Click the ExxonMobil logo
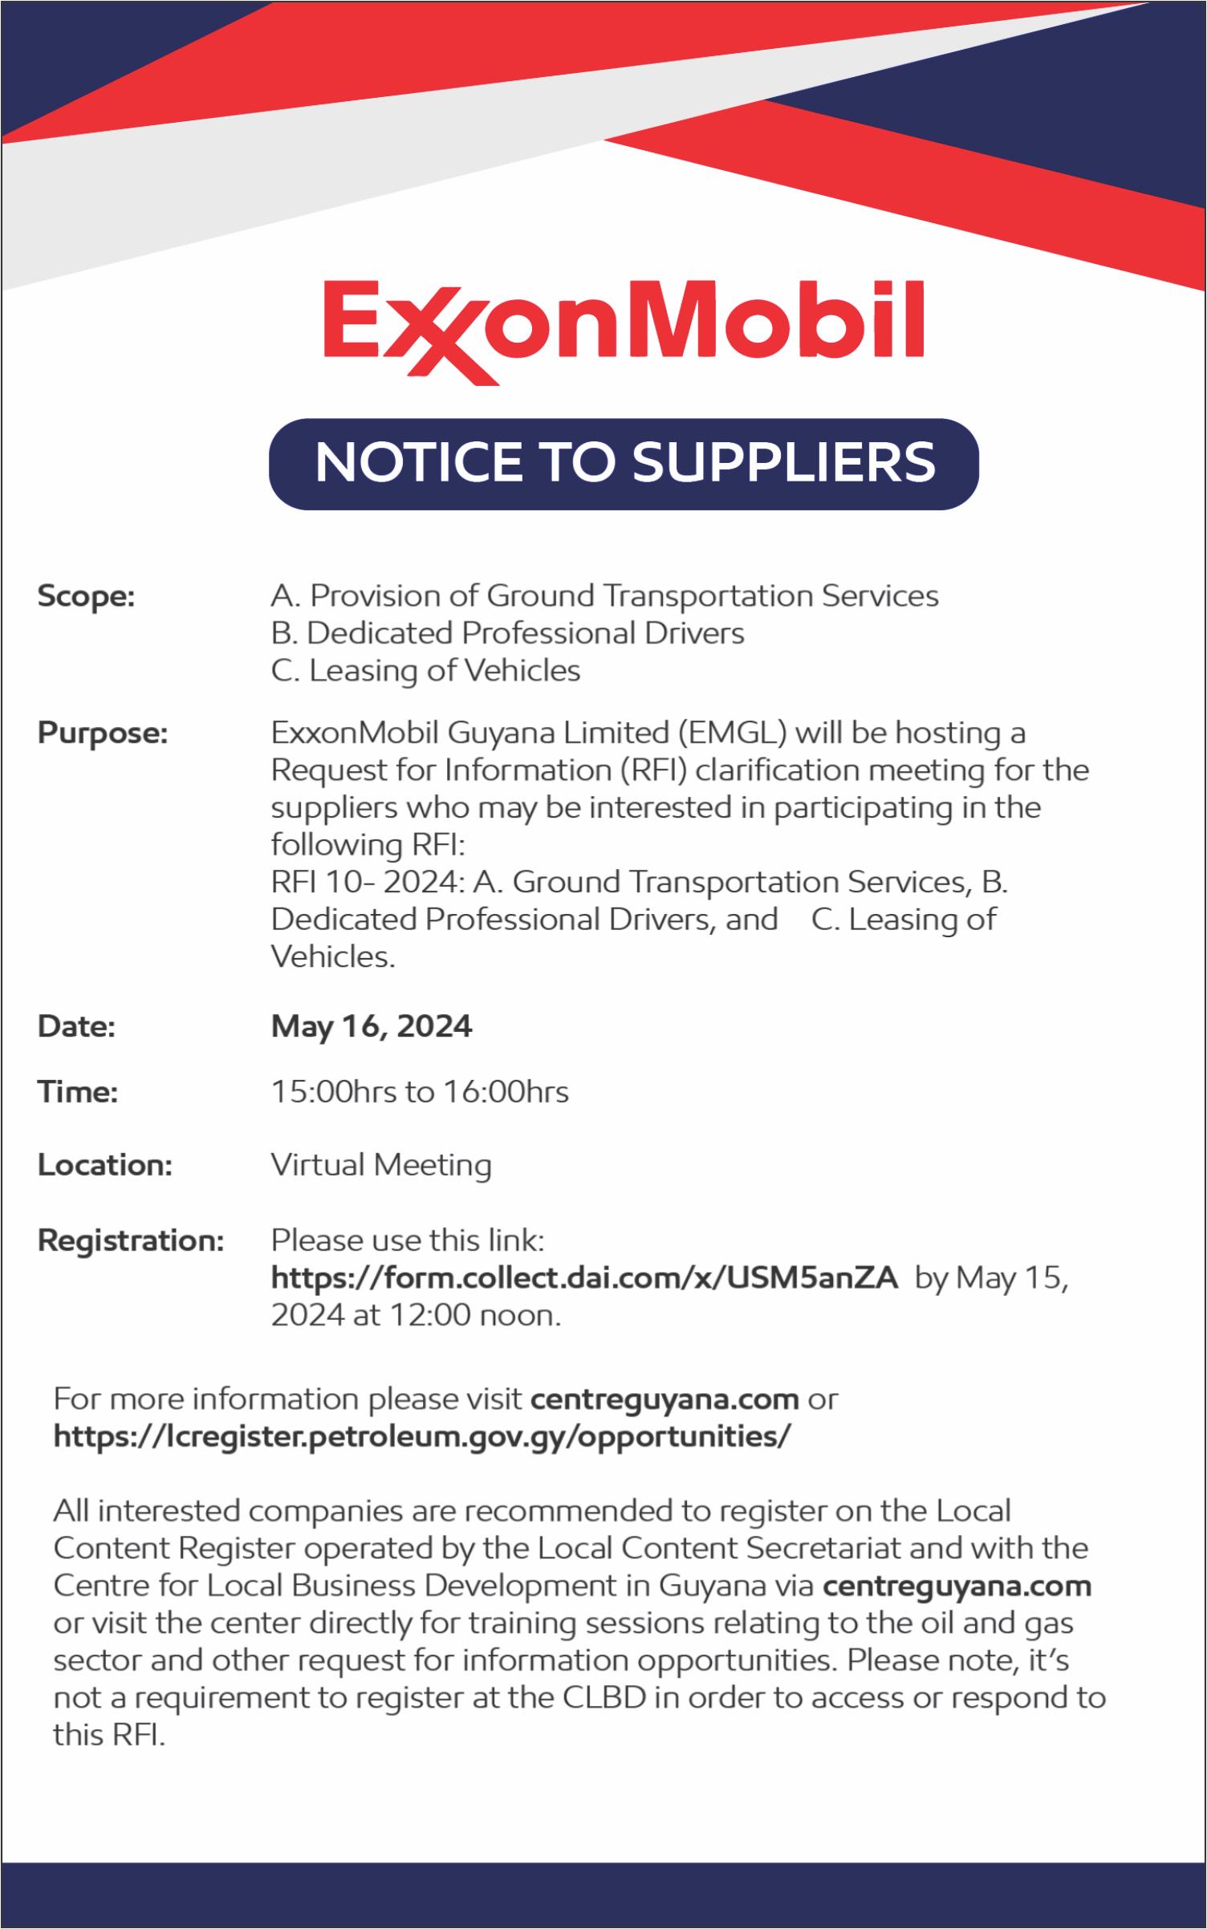pyautogui.click(x=623, y=328)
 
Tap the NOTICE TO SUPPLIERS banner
pyautogui.click(x=624, y=463)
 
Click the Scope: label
pyautogui.click(x=86, y=597)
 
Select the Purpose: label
pyautogui.click(x=103, y=733)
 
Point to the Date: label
pyautogui.click(x=77, y=1027)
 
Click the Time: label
pyautogui.click(x=78, y=1092)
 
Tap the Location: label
pyautogui.click(x=105, y=1165)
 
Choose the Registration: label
pyautogui.click(x=131, y=1241)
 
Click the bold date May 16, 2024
pyautogui.click(x=372, y=1026)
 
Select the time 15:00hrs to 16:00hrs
pyautogui.click(x=420, y=1092)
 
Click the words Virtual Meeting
pyautogui.click(x=381, y=1165)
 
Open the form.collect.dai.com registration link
pyautogui.click(x=584, y=1277)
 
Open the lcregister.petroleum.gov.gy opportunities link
pyautogui.click(x=422, y=1436)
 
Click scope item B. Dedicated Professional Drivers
pyautogui.click(x=507, y=633)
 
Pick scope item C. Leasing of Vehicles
pyautogui.click(x=425, y=670)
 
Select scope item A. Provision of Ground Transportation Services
pyautogui.click(x=604, y=596)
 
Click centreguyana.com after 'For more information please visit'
pyautogui.click(x=665, y=1399)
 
